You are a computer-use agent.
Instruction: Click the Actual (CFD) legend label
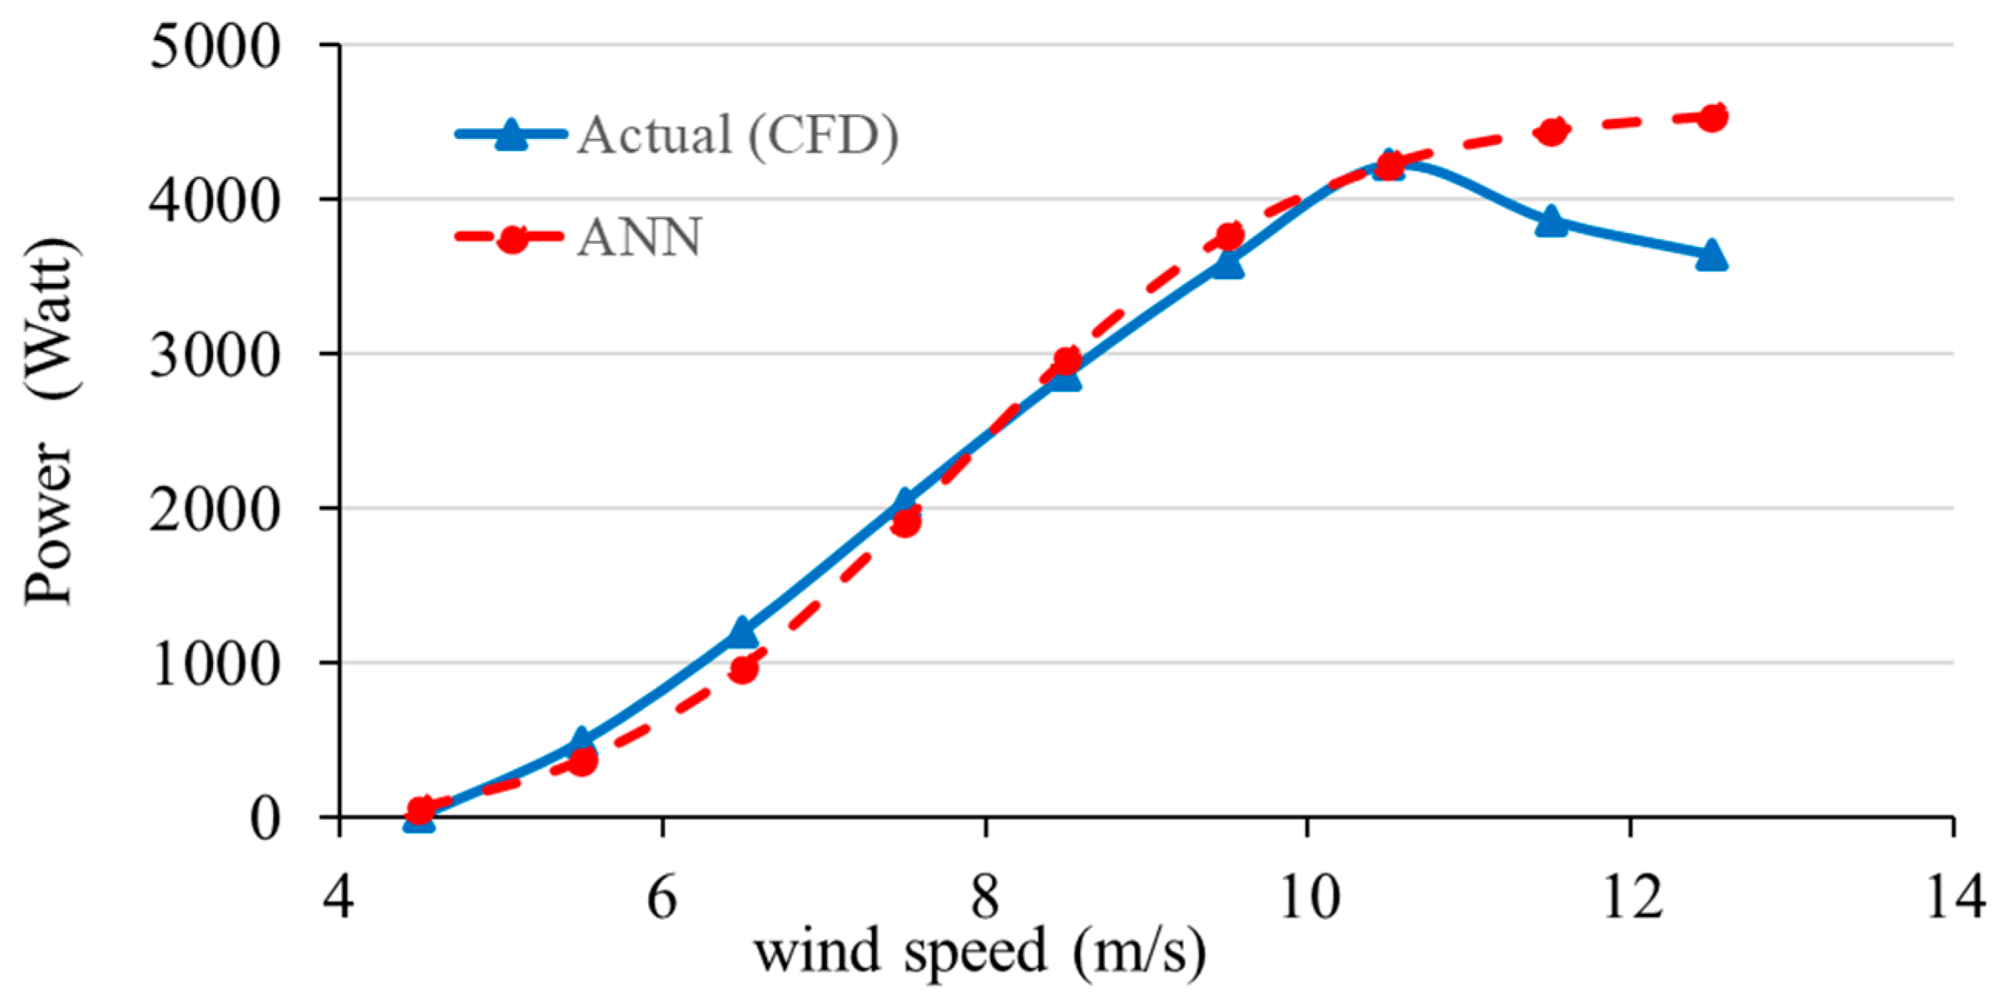tap(737, 135)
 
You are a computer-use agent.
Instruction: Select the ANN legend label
tap(639, 237)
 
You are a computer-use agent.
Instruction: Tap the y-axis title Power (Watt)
tap(49, 423)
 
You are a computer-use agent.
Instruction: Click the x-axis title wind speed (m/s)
tap(980, 952)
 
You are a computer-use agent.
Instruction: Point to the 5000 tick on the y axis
tap(214, 46)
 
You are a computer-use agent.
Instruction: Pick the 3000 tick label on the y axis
tap(214, 356)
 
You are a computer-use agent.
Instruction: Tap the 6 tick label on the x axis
tap(662, 897)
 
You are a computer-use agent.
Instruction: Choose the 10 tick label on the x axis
tap(1308, 897)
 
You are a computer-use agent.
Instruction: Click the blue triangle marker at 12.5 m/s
tap(1711, 255)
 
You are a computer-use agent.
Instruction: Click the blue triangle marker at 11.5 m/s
tap(1551, 221)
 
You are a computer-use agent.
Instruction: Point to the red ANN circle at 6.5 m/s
tap(744, 669)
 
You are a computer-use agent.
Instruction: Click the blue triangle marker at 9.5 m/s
tap(1228, 265)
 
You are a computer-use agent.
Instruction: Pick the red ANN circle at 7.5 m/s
tap(906, 523)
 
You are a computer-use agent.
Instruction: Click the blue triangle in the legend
tap(511, 135)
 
